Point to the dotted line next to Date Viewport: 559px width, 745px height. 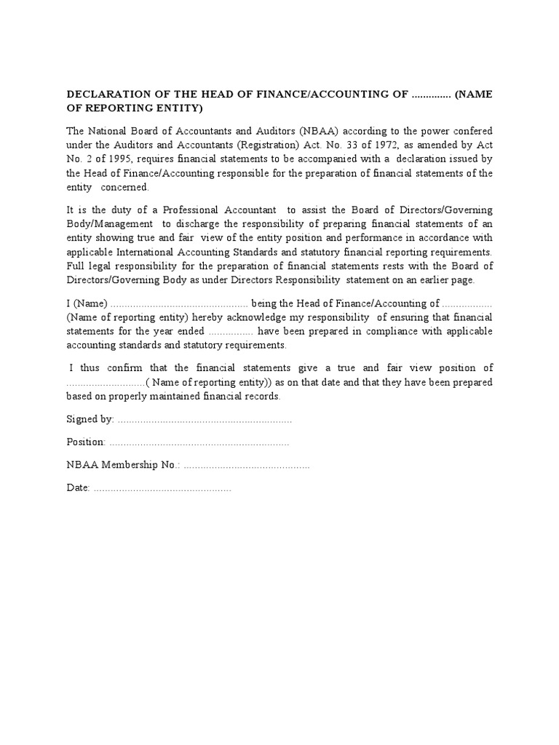(x=162, y=488)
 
